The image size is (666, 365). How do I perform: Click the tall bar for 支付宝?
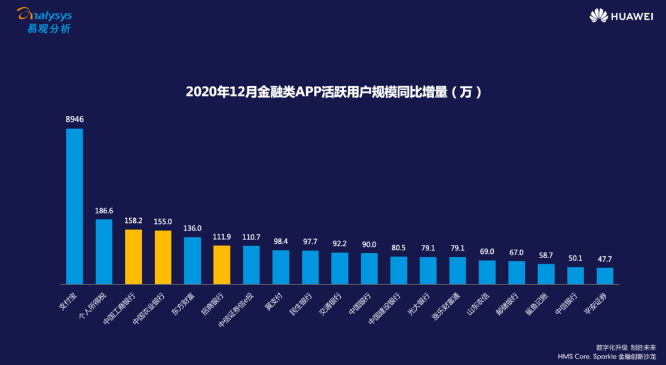[x=74, y=206]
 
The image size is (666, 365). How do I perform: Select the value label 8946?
[x=74, y=119]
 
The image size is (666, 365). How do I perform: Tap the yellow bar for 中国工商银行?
[x=133, y=256]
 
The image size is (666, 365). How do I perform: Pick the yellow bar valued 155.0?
[x=163, y=257]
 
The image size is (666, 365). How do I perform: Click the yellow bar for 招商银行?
[x=222, y=264]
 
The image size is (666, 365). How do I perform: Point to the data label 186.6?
[x=104, y=210]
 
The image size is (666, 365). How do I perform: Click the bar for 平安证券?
[x=605, y=275]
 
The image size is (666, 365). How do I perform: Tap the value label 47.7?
[x=605, y=259]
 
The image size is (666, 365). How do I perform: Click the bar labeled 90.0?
[x=369, y=268]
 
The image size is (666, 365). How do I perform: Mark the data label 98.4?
[x=281, y=241]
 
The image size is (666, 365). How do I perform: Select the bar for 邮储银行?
[x=517, y=272]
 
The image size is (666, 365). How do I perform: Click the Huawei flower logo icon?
[x=598, y=16]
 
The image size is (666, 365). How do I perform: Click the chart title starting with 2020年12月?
[x=333, y=93]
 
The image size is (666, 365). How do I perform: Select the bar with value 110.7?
[x=251, y=265]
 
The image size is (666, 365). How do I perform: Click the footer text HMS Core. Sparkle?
[x=607, y=357]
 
